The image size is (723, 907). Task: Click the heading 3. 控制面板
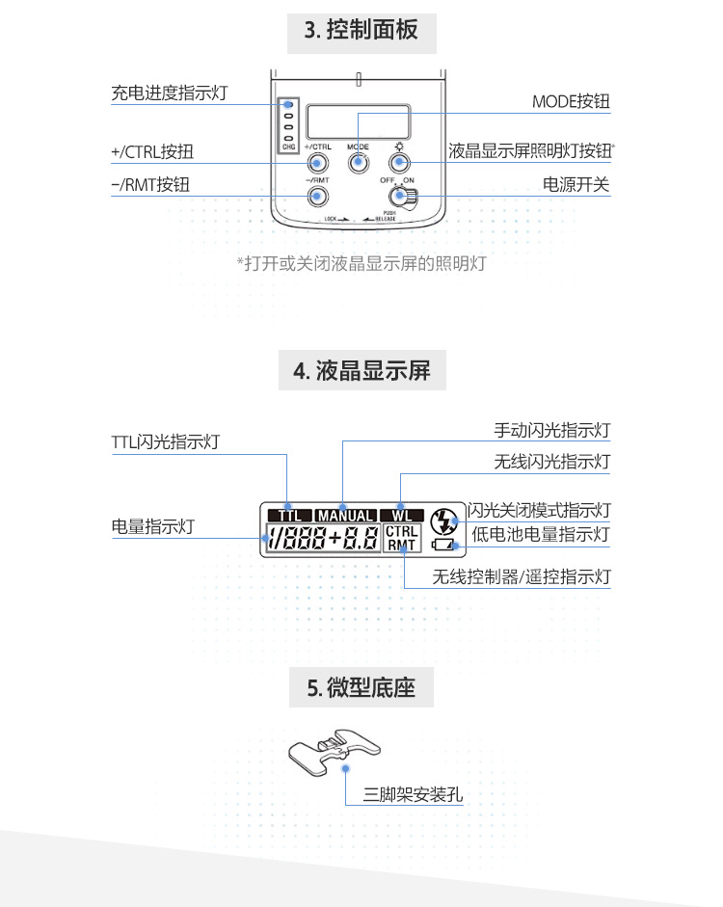pyautogui.click(x=361, y=30)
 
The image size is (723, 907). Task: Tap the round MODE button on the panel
pyautogui.click(x=359, y=162)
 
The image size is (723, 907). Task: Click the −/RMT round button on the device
pyautogui.click(x=316, y=198)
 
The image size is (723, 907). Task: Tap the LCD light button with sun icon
pyautogui.click(x=399, y=162)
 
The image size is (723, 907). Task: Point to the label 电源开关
pyautogui.click(x=576, y=185)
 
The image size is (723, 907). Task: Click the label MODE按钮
pyautogui.click(x=571, y=102)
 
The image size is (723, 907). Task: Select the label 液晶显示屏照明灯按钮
pyautogui.click(x=530, y=151)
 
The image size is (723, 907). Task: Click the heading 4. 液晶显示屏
pyautogui.click(x=361, y=370)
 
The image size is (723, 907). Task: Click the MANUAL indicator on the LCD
pyautogui.click(x=344, y=516)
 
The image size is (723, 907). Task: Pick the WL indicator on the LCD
pyautogui.click(x=401, y=516)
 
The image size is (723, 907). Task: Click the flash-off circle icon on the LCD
pyautogui.click(x=444, y=521)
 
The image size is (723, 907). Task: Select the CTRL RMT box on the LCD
pyautogui.click(x=401, y=539)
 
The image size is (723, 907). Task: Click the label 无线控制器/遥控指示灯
pyautogui.click(x=521, y=578)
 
